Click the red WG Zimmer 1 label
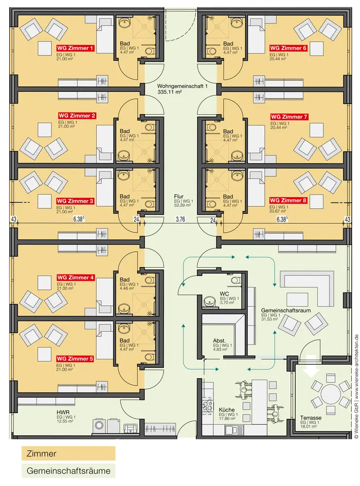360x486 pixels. click(75, 48)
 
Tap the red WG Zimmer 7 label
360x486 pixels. click(289, 117)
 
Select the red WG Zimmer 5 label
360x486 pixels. click(75, 359)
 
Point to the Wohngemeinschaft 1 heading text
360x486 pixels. click(182, 86)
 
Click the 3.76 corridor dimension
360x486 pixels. click(180, 220)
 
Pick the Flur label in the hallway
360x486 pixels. click(179, 196)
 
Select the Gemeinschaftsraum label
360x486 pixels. click(286, 310)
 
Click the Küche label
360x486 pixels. click(227, 410)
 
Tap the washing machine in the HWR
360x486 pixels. click(100, 426)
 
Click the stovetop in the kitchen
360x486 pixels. click(207, 405)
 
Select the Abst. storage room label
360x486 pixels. click(219, 341)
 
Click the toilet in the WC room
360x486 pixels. click(235, 280)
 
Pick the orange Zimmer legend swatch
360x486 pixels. click(68, 453)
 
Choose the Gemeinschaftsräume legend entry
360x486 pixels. click(68, 471)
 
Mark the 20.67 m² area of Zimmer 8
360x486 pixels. click(277, 211)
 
